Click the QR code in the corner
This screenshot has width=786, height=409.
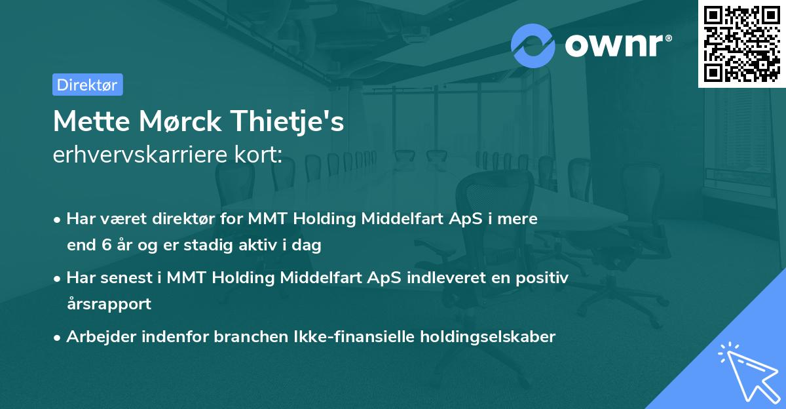tap(741, 44)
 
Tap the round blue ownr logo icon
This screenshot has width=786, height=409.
tap(533, 45)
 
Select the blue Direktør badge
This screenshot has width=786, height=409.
tap(87, 85)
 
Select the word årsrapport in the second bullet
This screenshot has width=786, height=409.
tap(109, 304)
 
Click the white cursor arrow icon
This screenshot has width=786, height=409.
tap(747, 372)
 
